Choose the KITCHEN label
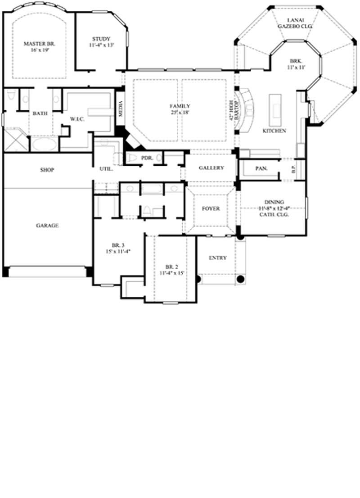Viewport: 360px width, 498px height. (274, 131)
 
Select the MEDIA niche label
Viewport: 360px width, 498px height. (120, 109)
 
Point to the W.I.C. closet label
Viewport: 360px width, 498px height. (75, 119)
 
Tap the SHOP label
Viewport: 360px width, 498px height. (47, 170)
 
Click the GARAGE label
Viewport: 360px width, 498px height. (47, 225)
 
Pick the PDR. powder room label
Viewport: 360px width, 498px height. (146, 158)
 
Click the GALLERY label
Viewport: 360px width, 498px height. (211, 168)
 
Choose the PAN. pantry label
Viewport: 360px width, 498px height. (261, 168)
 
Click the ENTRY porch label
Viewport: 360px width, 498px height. (218, 258)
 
